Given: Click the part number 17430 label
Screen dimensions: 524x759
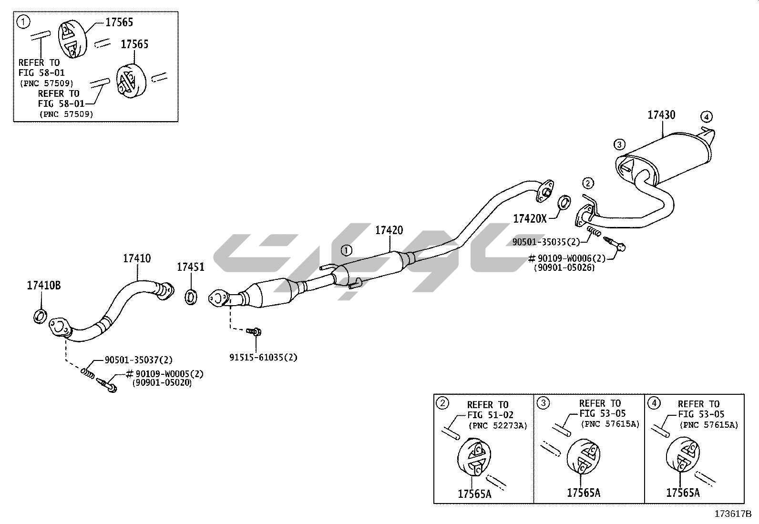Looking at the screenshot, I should point(661,115).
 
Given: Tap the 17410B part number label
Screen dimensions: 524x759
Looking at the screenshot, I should point(43,286).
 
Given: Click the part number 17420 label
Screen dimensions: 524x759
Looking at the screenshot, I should point(389,230).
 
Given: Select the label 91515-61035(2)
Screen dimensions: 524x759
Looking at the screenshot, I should point(263,357).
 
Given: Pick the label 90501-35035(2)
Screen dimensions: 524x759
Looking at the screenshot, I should point(546,242).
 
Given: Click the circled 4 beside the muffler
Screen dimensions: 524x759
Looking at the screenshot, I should point(707,116).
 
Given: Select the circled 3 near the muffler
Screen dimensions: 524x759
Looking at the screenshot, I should point(619,144).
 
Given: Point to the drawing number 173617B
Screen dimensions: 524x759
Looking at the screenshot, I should point(732,514).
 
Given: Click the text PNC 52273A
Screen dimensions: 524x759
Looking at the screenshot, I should point(498,425).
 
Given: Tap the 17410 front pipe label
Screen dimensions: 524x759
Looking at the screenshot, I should point(137,258).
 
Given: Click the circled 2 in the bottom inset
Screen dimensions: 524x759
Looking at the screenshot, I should point(442,403).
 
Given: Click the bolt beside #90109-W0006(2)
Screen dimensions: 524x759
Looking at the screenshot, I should point(615,243).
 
